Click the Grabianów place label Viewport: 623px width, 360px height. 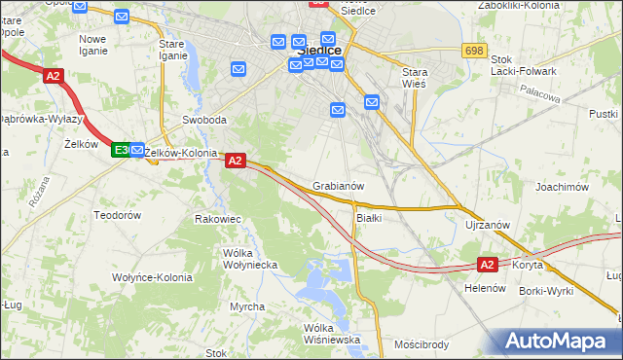click(339, 186)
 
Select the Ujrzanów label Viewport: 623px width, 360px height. click(488, 225)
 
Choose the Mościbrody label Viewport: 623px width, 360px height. click(421, 343)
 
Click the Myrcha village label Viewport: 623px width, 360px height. click(246, 306)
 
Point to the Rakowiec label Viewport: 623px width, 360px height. click(217, 219)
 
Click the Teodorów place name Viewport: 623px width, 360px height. click(117, 214)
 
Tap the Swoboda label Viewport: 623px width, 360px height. click(204, 121)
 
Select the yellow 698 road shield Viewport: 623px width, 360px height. click(474, 51)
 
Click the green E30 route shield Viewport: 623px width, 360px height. click(121, 150)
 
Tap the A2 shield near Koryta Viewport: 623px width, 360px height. click(488, 264)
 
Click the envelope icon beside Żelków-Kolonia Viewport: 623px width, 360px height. click(137, 151)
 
